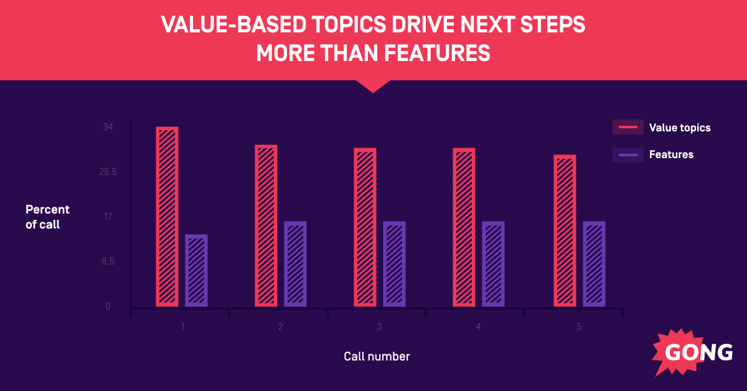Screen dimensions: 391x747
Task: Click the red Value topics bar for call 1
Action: pyautogui.click(x=167, y=217)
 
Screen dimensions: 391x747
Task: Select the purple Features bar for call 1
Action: pyautogui.click(x=197, y=270)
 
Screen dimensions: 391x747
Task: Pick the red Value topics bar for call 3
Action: pyautogui.click(x=365, y=227)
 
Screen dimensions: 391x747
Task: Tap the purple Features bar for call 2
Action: pyautogui.click(x=296, y=264)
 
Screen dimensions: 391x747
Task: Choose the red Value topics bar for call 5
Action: pyautogui.click(x=565, y=230)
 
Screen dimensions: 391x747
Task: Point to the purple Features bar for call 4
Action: pyautogui.click(x=494, y=264)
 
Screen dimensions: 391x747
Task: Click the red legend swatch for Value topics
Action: pyautogui.click(x=627, y=128)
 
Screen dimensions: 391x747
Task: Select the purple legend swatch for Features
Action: pyautogui.click(x=627, y=154)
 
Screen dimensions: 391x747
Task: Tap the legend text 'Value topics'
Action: pyautogui.click(x=679, y=128)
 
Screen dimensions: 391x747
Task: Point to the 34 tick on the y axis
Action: pyautogui.click(x=108, y=127)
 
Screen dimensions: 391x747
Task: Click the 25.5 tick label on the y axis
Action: pyautogui.click(x=108, y=172)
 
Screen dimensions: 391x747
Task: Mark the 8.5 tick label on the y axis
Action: pyautogui.click(x=108, y=261)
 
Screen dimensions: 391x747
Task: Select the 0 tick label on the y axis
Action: pyautogui.click(x=108, y=306)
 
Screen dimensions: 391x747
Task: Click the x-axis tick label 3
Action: pyautogui.click(x=379, y=327)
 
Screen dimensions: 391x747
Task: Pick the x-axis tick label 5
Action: pyautogui.click(x=579, y=327)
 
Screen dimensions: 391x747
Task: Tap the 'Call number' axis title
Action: pyautogui.click(x=377, y=357)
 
